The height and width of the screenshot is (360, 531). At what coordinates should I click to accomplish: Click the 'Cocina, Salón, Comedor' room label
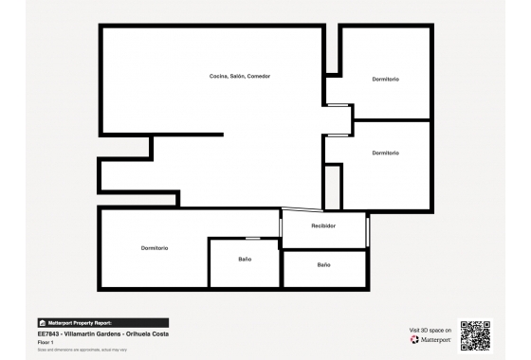[240, 76]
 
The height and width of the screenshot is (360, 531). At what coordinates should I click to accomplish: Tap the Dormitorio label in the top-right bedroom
[385, 79]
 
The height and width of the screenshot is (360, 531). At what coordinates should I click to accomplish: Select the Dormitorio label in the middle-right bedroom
[385, 153]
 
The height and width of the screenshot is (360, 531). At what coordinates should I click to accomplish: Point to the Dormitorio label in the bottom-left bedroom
[155, 248]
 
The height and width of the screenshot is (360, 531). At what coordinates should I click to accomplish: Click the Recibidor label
[323, 226]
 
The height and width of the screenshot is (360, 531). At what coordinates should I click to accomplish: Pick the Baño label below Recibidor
[323, 265]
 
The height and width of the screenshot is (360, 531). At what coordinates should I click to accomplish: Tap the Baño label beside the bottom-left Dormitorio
[245, 259]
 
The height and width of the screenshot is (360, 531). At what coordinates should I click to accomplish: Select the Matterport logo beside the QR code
[430, 339]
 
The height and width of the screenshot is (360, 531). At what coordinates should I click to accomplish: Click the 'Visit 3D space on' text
[430, 330]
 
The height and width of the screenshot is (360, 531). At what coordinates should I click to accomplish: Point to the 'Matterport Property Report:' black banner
[102, 323]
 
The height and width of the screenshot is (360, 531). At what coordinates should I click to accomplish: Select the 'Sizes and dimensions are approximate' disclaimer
[82, 350]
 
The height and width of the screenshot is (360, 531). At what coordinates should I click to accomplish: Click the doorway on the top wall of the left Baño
[252, 238]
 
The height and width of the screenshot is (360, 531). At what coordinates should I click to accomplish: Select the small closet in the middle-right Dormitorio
[332, 187]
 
